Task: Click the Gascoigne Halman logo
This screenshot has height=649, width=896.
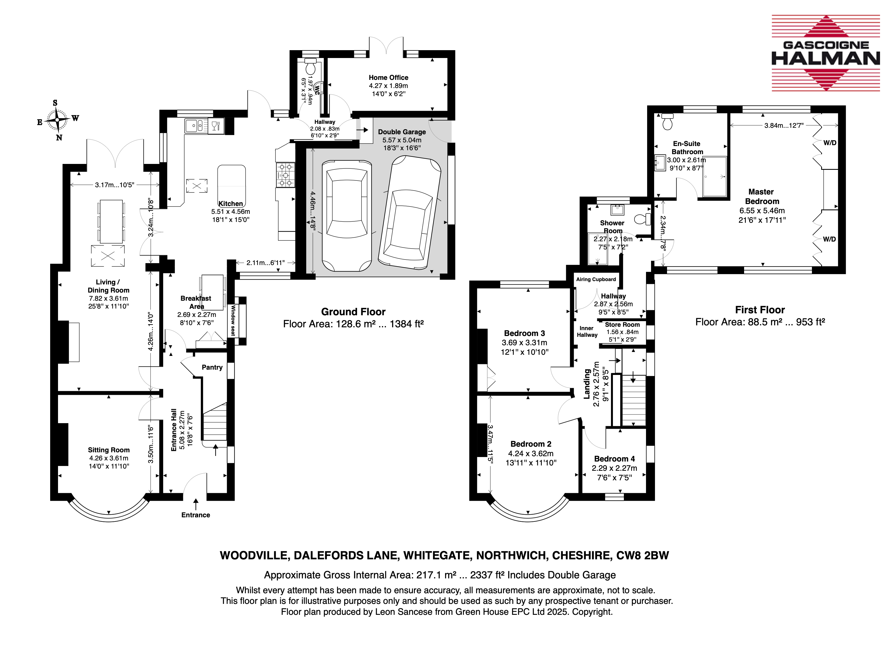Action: pos(826,53)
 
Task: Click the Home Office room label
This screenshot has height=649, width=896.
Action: pos(388,77)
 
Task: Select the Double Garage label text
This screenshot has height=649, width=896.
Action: pos(402,132)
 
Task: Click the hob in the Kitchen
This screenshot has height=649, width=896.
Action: pos(285,175)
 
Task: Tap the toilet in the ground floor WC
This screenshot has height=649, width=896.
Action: pos(311,67)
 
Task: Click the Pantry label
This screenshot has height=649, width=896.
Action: pos(212,367)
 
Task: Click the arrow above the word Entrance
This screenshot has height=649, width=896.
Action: pos(196,504)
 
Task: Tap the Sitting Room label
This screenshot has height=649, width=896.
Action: pos(109,450)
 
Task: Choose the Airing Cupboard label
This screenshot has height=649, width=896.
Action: pos(596,279)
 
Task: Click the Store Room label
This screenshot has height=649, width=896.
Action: pos(622,325)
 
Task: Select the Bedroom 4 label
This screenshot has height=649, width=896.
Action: pos(614,459)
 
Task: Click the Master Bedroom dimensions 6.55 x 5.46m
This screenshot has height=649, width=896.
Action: pos(762,210)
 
